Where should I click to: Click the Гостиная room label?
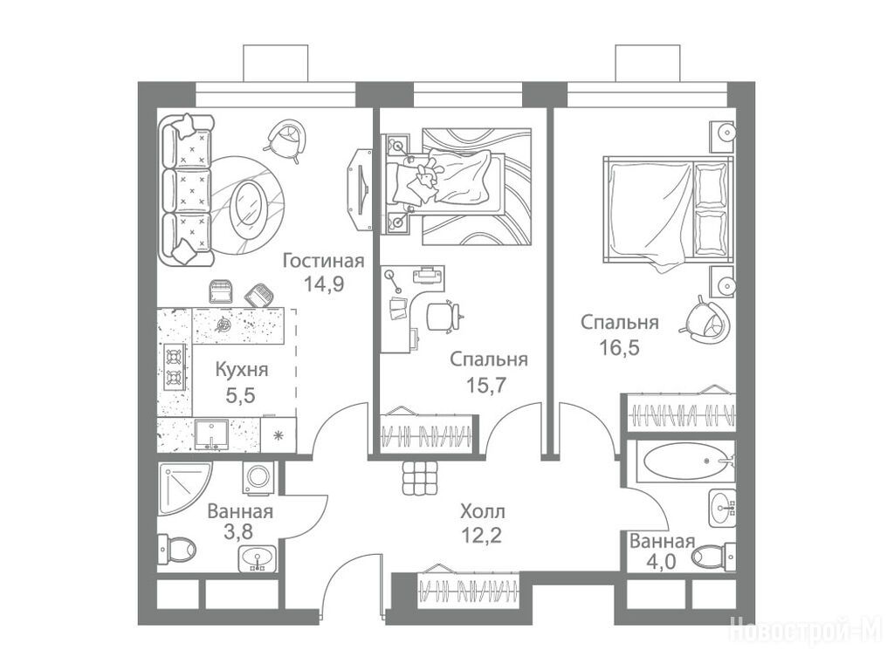click(x=324, y=261)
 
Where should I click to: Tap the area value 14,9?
click(x=323, y=284)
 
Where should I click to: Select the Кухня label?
click(x=242, y=370)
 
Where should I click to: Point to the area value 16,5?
click(x=619, y=346)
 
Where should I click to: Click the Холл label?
click(x=482, y=512)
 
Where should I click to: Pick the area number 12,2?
click(x=482, y=535)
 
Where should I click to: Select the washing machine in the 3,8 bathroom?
click(x=258, y=476)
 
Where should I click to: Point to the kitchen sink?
click(x=212, y=434)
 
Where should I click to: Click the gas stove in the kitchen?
click(x=175, y=367)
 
